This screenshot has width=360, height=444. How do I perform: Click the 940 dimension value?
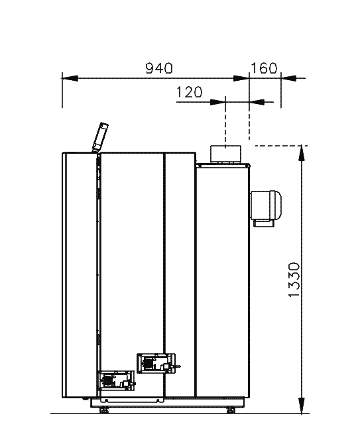coord(158,68)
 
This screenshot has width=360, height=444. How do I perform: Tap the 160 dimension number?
coord(264,68)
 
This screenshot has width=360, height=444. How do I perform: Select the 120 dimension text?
coord(189,92)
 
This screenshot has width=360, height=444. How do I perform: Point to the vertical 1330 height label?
coord(294,280)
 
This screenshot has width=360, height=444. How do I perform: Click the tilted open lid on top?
coord(100,137)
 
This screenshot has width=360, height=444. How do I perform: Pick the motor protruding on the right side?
coord(266,205)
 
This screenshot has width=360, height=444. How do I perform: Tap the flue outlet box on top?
coord(225,154)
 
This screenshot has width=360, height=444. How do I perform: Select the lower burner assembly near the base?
coord(117,380)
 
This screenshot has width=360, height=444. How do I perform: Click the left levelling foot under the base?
coord(104,410)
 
